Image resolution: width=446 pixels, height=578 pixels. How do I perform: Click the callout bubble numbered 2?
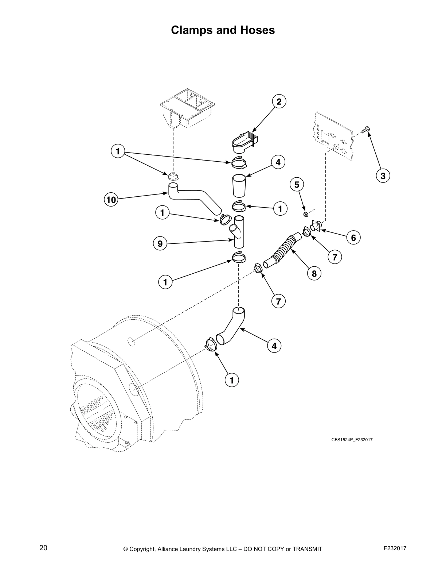[279, 102]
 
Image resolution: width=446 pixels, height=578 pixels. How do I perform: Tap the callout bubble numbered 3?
[383, 176]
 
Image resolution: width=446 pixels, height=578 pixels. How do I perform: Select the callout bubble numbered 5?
[297, 185]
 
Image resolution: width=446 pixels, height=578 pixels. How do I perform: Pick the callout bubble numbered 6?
[353, 238]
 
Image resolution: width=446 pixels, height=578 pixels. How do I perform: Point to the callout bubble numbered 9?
[160, 243]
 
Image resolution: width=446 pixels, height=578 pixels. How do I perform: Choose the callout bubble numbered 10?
[111, 200]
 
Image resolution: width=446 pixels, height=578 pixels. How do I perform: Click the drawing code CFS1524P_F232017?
[352, 440]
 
